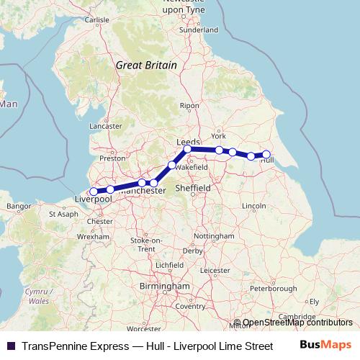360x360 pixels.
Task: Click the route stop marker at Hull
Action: click(266, 154)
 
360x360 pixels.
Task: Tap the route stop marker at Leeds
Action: click(187, 149)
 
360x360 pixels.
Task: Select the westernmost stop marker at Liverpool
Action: click(94, 192)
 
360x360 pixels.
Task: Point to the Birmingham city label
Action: click(164, 287)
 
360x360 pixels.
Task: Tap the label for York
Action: click(219, 135)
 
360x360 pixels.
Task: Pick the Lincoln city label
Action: click(255, 207)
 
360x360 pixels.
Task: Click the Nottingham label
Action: click(214, 236)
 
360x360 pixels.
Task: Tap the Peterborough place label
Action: click(273, 289)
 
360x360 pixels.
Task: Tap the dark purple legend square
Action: click(10, 346)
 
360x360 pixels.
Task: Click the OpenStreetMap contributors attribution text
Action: click(297, 323)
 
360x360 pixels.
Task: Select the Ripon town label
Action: click(189, 105)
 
